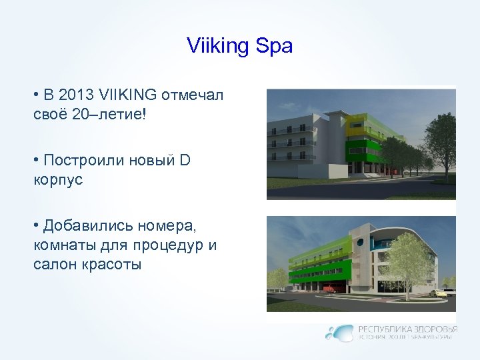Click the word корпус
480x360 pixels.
pyautogui.click(x=58, y=179)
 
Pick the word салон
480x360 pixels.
pyautogui.click(x=51, y=264)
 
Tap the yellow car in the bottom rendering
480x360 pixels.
pyautogui.click(x=437, y=292)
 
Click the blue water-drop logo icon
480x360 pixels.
pyautogui.click(x=341, y=332)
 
